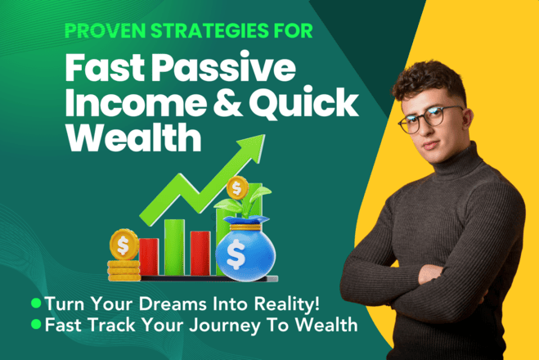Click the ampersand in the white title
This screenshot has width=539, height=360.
click(x=228, y=102)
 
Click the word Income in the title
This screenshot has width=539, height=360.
click(x=136, y=102)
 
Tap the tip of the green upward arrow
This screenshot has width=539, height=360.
click(x=265, y=135)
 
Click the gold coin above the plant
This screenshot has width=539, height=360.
click(x=237, y=187)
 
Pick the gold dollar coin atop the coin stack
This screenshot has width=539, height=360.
click(x=124, y=245)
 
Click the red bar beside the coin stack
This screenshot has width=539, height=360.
click(x=149, y=257)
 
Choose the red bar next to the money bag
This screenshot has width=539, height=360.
click(x=200, y=253)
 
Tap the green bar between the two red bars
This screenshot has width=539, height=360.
click(x=174, y=247)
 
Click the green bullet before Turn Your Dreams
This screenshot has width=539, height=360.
click(x=36, y=303)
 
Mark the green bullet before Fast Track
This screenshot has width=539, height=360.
click(x=36, y=324)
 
